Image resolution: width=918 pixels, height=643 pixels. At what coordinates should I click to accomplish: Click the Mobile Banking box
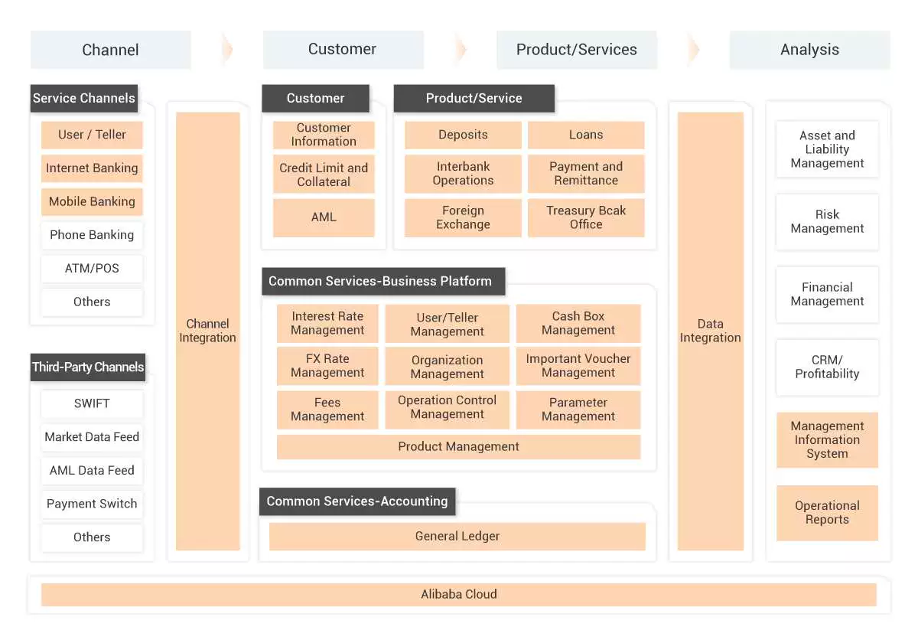click(x=92, y=202)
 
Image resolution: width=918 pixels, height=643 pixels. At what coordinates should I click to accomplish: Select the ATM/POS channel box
click(x=92, y=269)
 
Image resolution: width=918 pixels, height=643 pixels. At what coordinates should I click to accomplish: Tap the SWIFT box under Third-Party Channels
click(x=92, y=403)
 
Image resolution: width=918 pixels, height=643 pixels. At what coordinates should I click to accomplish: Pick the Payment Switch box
click(x=92, y=504)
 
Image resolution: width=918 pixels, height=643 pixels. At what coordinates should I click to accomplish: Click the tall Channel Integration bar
click(x=208, y=331)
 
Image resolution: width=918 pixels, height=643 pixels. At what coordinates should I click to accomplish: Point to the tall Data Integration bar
click(x=710, y=331)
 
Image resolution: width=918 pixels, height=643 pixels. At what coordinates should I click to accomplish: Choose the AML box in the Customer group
click(x=324, y=217)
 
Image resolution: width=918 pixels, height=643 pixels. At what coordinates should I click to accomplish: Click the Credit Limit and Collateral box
click(x=324, y=175)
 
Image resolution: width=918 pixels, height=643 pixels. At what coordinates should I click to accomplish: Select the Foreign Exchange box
click(x=463, y=217)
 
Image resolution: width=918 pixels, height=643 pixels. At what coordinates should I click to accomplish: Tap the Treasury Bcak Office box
click(x=586, y=217)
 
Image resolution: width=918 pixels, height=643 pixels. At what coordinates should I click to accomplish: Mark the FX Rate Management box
click(x=327, y=366)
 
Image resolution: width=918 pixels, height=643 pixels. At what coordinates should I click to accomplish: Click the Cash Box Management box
click(x=578, y=323)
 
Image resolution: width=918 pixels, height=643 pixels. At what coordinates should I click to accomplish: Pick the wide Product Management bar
click(x=458, y=447)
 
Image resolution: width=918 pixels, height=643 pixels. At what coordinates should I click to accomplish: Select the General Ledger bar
click(x=457, y=537)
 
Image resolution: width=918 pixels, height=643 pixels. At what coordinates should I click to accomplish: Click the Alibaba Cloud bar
click(x=459, y=594)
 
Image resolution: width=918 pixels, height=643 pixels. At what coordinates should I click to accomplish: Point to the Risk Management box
click(x=827, y=222)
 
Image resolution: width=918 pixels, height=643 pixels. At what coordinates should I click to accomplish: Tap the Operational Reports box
click(x=827, y=513)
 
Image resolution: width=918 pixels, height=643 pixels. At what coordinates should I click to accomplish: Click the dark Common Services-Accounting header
click(x=357, y=501)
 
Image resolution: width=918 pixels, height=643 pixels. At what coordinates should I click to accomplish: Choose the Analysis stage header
click(x=809, y=50)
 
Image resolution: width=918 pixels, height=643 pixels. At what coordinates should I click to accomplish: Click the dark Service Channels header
click(x=84, y=98)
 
